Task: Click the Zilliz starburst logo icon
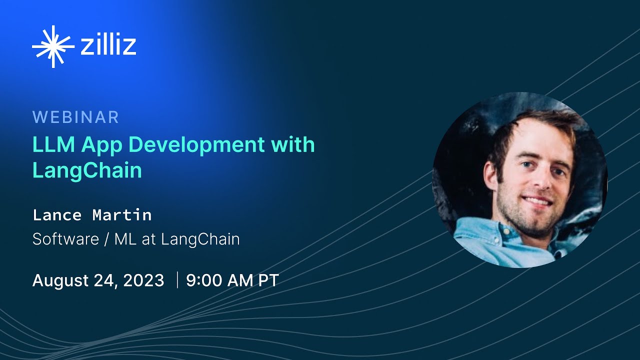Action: tap(53, 46)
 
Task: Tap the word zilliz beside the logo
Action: tap(108, 45)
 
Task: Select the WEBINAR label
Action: tap(75, 117)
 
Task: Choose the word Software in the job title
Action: tap(65, 239)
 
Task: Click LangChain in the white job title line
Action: tap(200, 239)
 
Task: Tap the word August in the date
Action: tap(61, 280)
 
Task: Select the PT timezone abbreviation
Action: tap(268, 280)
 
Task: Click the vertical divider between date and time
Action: tap(177, 280)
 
